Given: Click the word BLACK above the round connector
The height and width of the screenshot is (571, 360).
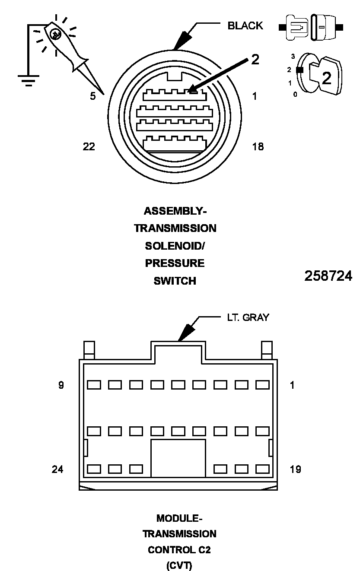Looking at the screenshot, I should [x=245, y=26].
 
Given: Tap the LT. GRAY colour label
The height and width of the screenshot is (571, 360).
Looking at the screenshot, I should [x=248, y=317].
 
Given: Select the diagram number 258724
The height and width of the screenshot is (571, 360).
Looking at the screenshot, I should [x=328, y=276].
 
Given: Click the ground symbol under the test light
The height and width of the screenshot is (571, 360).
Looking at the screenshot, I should [x=29, y=80].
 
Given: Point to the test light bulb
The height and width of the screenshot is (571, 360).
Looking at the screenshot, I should [x=55, y=35].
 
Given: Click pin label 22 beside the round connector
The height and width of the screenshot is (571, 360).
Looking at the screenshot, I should [x=89, y=147].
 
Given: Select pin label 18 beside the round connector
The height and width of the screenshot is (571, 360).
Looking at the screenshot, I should [x=258, y=147].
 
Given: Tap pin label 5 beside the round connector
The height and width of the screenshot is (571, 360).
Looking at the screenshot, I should [x=93, y=96].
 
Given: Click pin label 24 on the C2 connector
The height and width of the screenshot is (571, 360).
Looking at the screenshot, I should [x=57, y=469].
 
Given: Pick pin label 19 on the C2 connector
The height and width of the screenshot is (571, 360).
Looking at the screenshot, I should [x=295, y=469].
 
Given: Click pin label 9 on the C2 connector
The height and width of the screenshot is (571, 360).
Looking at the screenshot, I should [x=61, y=385].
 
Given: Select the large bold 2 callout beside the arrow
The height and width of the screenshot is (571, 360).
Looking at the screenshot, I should [x=255, y=60].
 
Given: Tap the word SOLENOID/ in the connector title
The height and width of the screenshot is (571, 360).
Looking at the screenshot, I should [x=175, y=246].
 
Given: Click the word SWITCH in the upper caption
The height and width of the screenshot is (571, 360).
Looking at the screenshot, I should [x=175, y=281].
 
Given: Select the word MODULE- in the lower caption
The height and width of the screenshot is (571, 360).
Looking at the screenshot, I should [x=179, y=518].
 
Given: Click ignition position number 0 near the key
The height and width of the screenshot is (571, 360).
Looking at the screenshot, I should [x=295, y=94].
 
